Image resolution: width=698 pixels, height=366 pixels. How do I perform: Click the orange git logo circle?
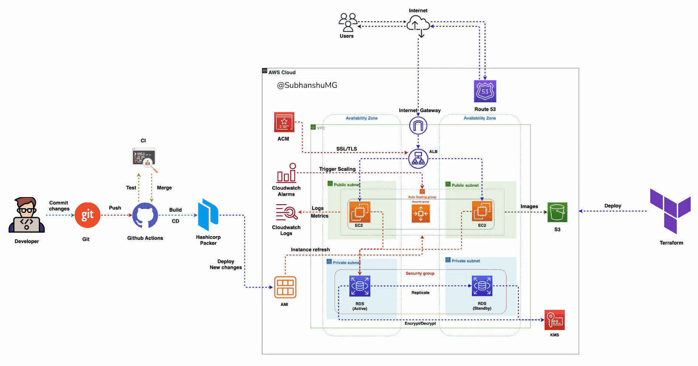pos(87,215)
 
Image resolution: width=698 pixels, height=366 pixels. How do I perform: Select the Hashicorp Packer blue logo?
pos(208,215)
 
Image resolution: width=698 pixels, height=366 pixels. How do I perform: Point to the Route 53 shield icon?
pos(485,91)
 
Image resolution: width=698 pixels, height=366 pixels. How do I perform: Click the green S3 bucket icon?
pos(557,212)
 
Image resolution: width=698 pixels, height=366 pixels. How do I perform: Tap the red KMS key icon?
pos(554,320)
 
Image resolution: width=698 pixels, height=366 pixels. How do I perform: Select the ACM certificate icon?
pos(284,122)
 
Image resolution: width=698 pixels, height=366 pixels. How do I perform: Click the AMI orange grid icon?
pos(285,287)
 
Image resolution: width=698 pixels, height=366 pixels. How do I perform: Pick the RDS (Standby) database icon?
pos(482,286)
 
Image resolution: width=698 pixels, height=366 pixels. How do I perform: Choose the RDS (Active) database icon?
pos(360,286)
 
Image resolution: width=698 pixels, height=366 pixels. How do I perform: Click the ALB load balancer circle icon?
pos(418,159)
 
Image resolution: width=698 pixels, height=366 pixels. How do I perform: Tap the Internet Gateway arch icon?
pos(418,126)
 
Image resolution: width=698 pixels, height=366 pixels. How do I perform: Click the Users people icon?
pos(348,23)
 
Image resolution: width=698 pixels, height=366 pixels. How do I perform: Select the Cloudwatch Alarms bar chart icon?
pos(287,173)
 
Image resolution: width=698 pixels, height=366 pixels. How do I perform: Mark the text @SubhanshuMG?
pos(307,85)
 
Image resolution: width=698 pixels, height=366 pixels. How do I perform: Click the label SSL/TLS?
pos(346,149)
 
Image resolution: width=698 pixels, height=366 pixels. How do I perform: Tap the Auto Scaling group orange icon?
pos(421,213)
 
